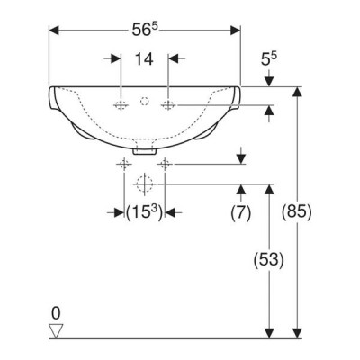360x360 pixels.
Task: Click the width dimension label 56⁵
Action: [145, 30]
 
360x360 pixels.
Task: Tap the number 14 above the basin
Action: [144, 58]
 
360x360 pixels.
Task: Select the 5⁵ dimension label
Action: [269, 58]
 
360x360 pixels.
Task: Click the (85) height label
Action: [297, 212]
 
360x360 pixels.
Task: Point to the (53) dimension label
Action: [269, 260]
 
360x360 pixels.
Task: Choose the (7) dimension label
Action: [241, 213]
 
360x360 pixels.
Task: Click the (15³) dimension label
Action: [145, 212]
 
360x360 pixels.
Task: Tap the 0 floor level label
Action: [56, 313]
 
